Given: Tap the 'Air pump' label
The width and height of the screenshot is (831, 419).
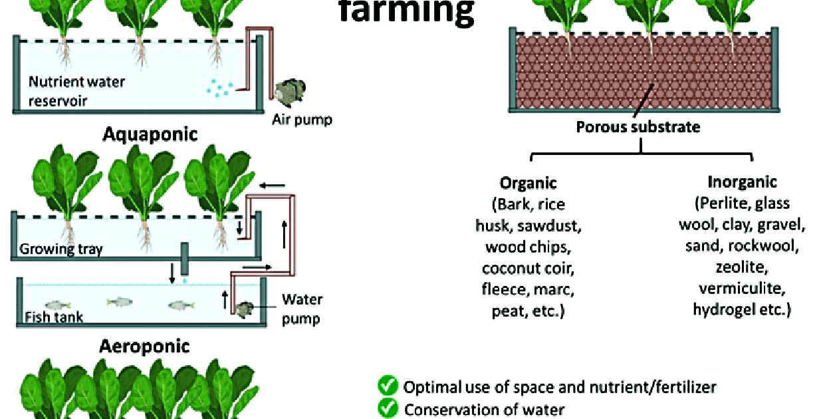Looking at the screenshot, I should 302,120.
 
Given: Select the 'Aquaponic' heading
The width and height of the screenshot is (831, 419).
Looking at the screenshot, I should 150,134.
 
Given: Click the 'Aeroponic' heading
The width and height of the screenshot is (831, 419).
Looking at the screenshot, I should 144,347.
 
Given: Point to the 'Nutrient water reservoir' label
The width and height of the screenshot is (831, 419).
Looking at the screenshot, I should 76,91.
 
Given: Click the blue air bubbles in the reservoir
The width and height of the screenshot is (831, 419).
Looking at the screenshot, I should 219,88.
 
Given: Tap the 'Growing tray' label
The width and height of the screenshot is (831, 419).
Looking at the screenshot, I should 60,249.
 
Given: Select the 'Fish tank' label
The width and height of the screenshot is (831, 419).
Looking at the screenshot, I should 55,317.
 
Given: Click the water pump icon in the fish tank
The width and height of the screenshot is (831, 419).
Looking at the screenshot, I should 245,309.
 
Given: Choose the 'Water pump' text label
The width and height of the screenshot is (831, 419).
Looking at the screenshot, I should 300,309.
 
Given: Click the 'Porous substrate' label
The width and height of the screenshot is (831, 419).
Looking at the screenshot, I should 638,126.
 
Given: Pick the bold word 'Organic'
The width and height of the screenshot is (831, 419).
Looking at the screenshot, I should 528,183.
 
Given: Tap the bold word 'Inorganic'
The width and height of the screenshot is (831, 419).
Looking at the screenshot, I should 742,182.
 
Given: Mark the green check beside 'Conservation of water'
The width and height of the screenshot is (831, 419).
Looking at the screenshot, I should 388,408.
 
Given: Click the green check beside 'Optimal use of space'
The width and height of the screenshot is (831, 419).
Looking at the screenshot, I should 388,386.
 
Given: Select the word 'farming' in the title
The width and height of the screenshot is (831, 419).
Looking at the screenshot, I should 408,11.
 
